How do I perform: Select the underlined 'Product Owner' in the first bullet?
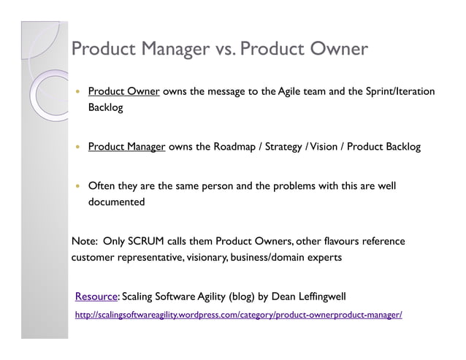click(123, 91)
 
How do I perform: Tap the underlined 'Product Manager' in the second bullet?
click(126, 147)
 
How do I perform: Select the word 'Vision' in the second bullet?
click(321, 147)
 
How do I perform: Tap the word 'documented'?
click(116, 202)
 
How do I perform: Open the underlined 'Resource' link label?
click(96, 296)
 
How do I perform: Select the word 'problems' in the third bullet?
click(283, 185)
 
